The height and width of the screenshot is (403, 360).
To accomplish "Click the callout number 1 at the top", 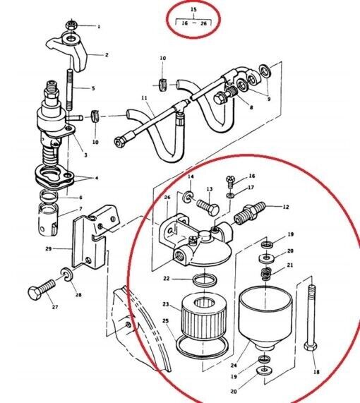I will point(99,27).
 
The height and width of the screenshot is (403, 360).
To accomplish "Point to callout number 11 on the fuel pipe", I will point(144,98).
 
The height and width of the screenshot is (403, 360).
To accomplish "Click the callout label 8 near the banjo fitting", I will point(251,107).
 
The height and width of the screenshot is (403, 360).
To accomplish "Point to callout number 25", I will point(166,321).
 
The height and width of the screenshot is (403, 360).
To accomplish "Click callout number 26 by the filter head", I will point(167,198).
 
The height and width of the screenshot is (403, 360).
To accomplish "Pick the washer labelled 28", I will point(66,272).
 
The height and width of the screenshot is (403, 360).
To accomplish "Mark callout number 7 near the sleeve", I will point(80,210).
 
